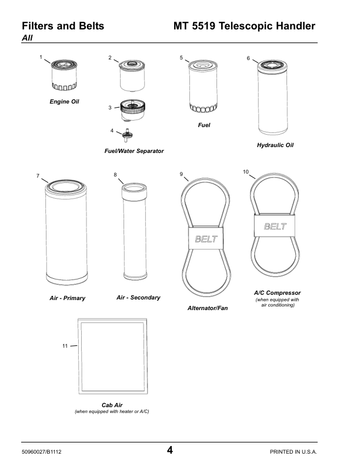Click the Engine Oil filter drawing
point(64,75)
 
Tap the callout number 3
point(110,108)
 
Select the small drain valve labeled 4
point(128,135)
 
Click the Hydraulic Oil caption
point(275,145)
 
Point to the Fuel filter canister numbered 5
point(203,86)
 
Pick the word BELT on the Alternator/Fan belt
point(206,239)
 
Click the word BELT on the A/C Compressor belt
point(275,227)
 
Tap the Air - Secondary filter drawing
point(134,231)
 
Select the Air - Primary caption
point(68,298)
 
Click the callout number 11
point(65,346)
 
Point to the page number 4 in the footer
point(169,450)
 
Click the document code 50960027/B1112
point(42,452)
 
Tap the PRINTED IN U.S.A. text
point(293,452)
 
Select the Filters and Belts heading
point(63,26)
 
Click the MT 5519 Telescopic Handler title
point(244,26)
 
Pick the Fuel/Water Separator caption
point(134,151)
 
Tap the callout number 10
point(246,172)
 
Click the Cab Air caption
point(112,405)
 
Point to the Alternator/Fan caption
point(208,308)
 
